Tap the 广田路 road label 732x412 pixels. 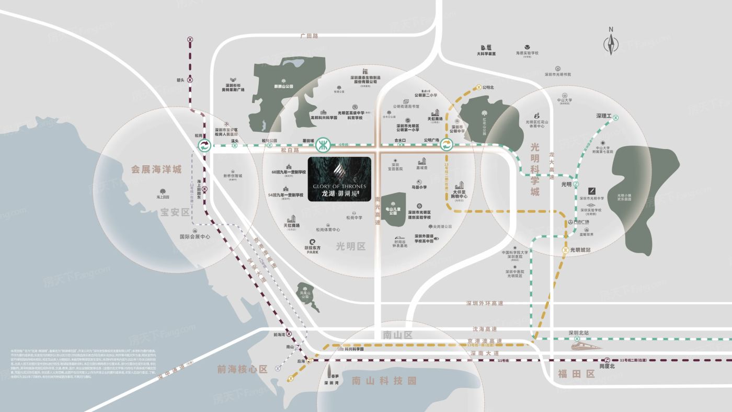[309, 36]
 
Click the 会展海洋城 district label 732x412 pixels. [156, 169]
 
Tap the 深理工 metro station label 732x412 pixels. [603, 116]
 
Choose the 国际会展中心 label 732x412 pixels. [195, 236]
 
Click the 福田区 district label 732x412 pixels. [576, 373]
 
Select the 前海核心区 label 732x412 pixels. [242, 369]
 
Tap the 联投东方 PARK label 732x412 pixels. [313, 249]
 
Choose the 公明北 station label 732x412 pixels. [488, 87]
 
